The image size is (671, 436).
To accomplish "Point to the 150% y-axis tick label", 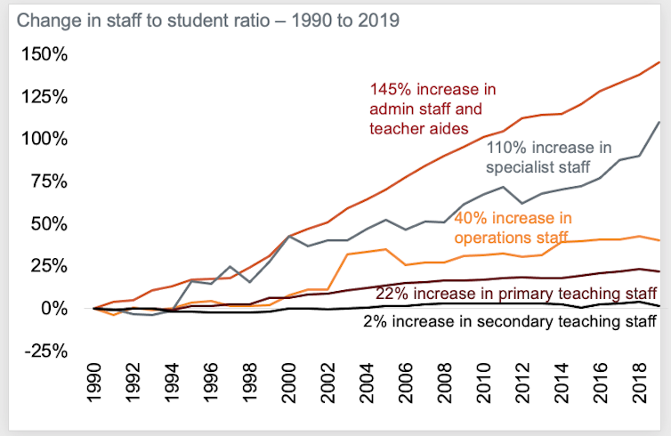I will click(x=43, y=54).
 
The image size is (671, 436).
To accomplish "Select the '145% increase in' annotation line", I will click(x=433, y=89).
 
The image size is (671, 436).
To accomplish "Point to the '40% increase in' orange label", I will click(x=513, y=218).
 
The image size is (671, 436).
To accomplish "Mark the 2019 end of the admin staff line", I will click(x=659, y=62).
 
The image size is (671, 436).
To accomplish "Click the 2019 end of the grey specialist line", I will click(x=659, y=122).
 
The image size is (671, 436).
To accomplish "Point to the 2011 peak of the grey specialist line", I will click(x=504, y=187).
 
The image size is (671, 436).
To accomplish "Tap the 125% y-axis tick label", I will click(x=43, y=97).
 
